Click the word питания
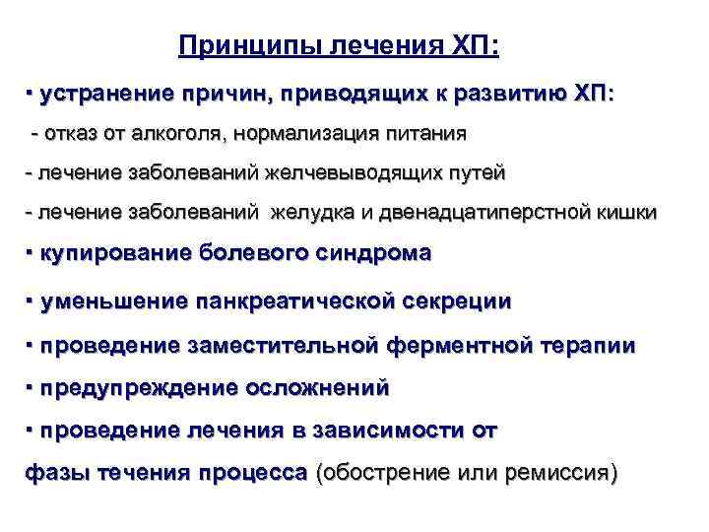click(x=422, y=132)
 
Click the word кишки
click(x=623, y=213)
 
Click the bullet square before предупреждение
click(x=31, y=386)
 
